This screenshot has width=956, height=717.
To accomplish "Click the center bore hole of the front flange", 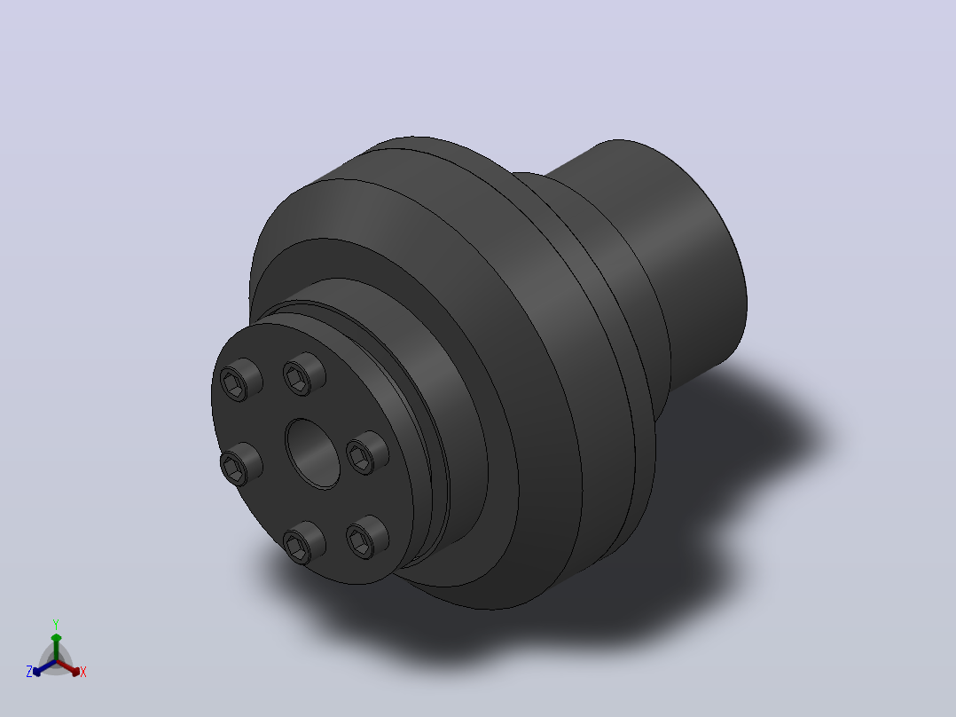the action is click(x=312, y=453).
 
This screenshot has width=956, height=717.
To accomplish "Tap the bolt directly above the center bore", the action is click(x=303, y=374).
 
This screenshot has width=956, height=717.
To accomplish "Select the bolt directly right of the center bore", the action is click(x=367, y=453).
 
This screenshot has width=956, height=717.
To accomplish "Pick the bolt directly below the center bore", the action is click(x=303, y=542).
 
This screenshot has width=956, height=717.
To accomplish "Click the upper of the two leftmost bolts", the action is click(x=241, y=380).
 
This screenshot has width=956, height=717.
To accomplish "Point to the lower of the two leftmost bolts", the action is click(x=241, y=464).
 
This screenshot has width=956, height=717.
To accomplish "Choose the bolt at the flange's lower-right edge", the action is click(x=367, y=537).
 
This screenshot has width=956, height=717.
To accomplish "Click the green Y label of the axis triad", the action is click(x=56, y=624).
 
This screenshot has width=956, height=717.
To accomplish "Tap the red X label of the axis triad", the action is click(x=83, y=672).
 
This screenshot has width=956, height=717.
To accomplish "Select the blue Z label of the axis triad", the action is click(x=28, y=672).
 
